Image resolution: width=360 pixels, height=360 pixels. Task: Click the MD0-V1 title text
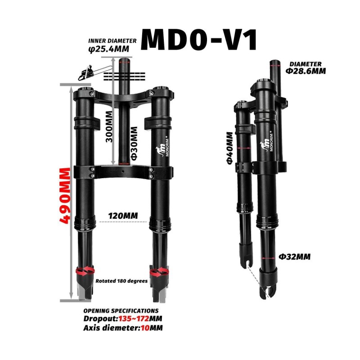199,40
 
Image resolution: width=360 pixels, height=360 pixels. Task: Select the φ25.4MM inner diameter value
109,49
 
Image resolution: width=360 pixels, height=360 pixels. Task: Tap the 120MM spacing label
123,216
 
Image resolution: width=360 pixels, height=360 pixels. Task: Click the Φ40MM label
229,148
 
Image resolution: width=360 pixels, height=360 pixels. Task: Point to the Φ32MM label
295,257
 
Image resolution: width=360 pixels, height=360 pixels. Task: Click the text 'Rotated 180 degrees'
121,281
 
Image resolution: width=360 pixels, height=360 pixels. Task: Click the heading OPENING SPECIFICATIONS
121,310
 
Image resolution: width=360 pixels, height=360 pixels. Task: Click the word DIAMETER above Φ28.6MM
306,64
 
